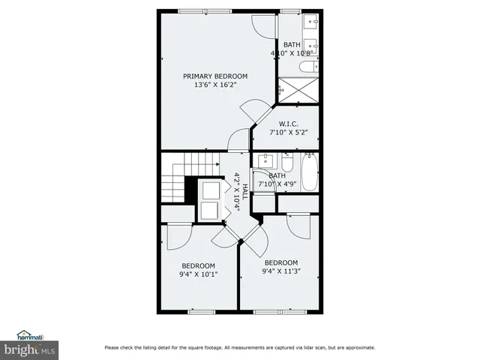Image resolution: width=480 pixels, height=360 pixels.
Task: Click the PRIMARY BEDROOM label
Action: tap(215, 76)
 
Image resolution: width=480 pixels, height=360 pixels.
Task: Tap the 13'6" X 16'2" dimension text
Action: tap(215, 85)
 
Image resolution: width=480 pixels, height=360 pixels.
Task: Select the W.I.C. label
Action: tap(289, 124)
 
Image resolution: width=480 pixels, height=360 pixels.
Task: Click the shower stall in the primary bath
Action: tap(299, 91)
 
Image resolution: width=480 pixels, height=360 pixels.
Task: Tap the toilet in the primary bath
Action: tap(307, 67)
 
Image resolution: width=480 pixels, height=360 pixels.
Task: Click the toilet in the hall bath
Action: tap(287, 165)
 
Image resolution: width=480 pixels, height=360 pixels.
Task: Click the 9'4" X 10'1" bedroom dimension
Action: tap(198, 274)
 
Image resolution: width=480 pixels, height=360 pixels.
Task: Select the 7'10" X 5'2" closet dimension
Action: tap(289, 133)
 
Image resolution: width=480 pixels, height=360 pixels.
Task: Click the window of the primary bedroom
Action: tap(199, 10)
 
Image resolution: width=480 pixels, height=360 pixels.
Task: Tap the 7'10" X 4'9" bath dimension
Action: tap(278, 184)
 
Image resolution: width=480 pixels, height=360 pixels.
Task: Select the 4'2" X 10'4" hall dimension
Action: tap(235, 193)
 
